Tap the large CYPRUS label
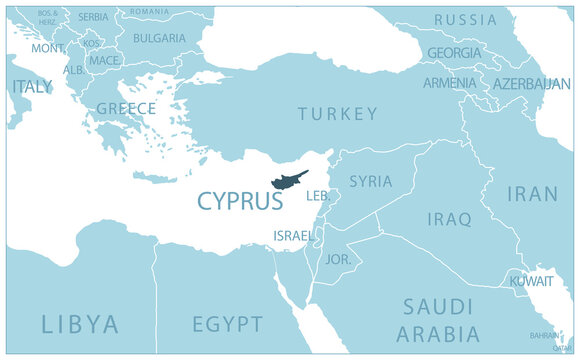[240, 202]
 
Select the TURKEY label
[338, 114]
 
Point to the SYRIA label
[370, 182]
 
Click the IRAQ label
[449, 219]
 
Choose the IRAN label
[533, 194]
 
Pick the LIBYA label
[80, 324]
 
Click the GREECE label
[126, 108]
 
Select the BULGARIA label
[159, 38]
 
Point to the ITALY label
[32, 87]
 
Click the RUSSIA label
[465, 20]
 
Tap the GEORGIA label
[454, 53]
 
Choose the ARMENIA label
[449, 83]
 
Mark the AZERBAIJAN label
[532, 83]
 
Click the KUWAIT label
[531, 282]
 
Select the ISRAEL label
[292, 236]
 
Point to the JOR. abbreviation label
[338, 259]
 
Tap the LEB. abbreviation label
[318, 196]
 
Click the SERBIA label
[93, 17]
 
